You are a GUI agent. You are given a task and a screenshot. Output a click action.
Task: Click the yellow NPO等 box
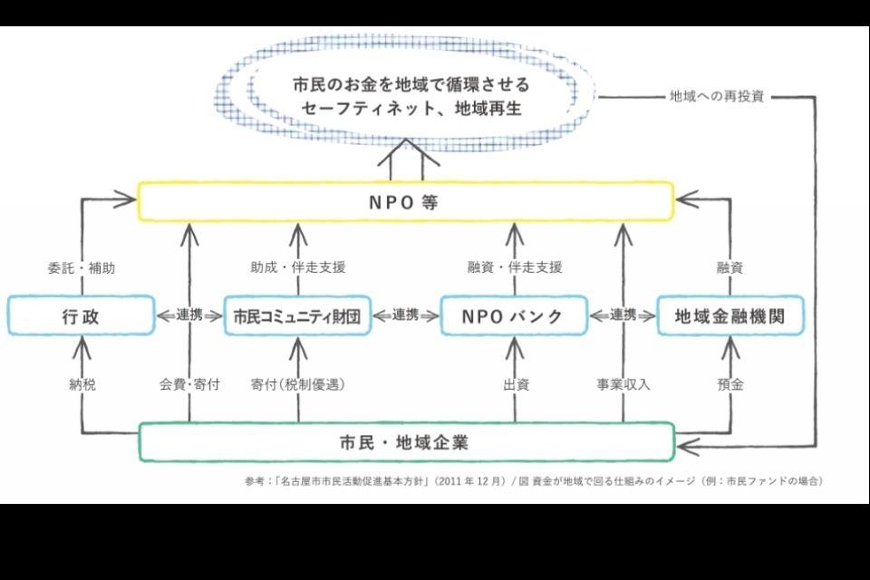coord(405,201)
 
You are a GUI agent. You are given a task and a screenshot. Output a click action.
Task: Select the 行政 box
coord(81,315)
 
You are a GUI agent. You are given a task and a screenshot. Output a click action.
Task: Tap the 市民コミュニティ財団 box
coord(297,315)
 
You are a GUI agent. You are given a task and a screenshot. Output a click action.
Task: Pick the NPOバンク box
coord(514,315)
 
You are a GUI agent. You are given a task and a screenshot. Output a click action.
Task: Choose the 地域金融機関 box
coord(730,315)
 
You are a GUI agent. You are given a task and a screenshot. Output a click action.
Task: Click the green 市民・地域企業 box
coord(405,442)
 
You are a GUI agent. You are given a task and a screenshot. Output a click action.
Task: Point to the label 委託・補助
coord(81,267)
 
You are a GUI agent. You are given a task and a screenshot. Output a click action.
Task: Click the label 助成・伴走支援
coord(298,267)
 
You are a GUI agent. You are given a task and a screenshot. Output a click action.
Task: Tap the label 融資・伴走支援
coord(515,267)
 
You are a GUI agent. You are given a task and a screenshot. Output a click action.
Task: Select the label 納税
coord(82,384)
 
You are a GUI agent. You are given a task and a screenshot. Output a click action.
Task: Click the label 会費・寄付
coord(189,384)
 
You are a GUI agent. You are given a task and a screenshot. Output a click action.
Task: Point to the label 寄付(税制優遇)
coord(298,384)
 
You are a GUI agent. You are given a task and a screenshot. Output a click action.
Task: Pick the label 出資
coord(515,384)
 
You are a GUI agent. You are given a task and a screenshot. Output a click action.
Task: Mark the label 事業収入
coord(623,384)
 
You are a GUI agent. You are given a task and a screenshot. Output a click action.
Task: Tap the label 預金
coord(730,384)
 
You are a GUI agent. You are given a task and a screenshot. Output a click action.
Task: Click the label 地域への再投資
coord(717,96)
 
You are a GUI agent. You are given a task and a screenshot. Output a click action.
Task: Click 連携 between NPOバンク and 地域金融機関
coord(623,315)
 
